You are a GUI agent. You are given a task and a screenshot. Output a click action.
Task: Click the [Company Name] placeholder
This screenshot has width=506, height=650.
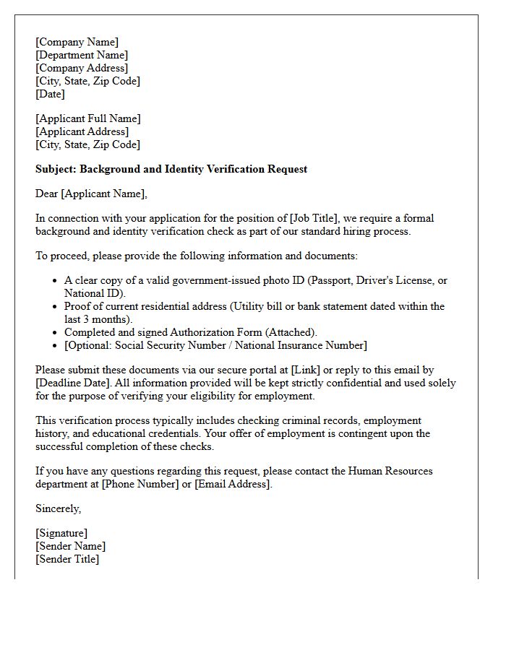coord(77,42)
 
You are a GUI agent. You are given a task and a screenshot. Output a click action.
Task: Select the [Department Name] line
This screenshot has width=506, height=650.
coord(82,55)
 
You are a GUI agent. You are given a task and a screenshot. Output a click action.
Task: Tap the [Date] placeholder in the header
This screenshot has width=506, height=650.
coord(50,94)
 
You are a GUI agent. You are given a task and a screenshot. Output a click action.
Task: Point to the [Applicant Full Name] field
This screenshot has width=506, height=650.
coord(88,118)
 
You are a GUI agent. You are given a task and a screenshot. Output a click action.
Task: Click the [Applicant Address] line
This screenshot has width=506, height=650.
coord(82,131)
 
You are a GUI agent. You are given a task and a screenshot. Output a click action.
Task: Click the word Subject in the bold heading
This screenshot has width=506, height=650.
coord(55,169)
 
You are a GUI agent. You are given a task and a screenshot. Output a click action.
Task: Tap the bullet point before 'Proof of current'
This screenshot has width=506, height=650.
coord(55,306)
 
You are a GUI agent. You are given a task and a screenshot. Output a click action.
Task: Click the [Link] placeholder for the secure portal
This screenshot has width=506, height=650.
coord(303,370)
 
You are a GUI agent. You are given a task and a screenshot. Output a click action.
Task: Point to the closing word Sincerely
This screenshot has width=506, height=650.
coord(58,508)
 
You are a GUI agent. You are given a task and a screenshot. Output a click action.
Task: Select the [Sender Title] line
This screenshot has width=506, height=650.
coord(67,559)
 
